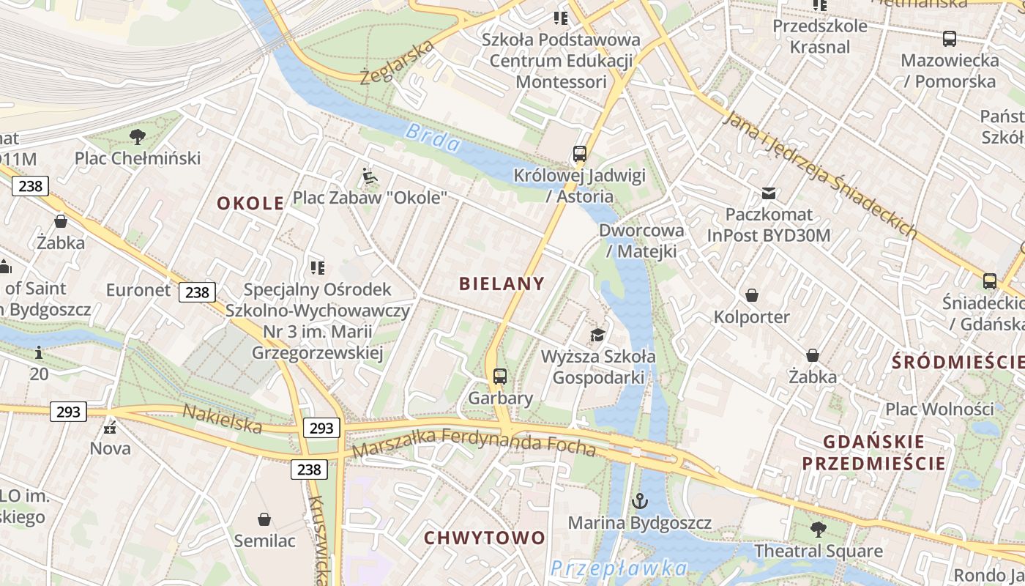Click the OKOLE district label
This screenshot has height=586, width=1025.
pos(250,204)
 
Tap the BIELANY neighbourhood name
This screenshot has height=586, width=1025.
pos(502,284)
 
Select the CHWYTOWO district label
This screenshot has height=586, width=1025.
pos(485,538)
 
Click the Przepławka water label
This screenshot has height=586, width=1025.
pos(619,568)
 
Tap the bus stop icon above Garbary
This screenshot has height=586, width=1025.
pos(500,377)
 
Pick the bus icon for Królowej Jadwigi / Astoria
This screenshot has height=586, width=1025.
pos(580,154)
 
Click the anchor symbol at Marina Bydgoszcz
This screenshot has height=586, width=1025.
pos(640,502)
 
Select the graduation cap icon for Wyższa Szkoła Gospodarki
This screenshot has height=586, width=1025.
pos(598,335)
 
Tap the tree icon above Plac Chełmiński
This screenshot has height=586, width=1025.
pos(137,136)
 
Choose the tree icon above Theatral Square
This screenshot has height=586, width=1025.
pos(819,529)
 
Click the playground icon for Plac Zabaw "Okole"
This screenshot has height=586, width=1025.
pos(370,176)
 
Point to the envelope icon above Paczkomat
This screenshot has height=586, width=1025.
pos(769,193)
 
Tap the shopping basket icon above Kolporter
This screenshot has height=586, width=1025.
pos(752,295)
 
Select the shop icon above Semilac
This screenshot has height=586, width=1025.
pos(264,519)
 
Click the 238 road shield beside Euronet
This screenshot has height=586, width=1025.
pos(197,292)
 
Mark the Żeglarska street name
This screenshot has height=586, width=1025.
pos(398,62)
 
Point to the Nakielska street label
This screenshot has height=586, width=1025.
pos(222,418)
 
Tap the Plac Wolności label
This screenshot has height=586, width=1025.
pos(940,409)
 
